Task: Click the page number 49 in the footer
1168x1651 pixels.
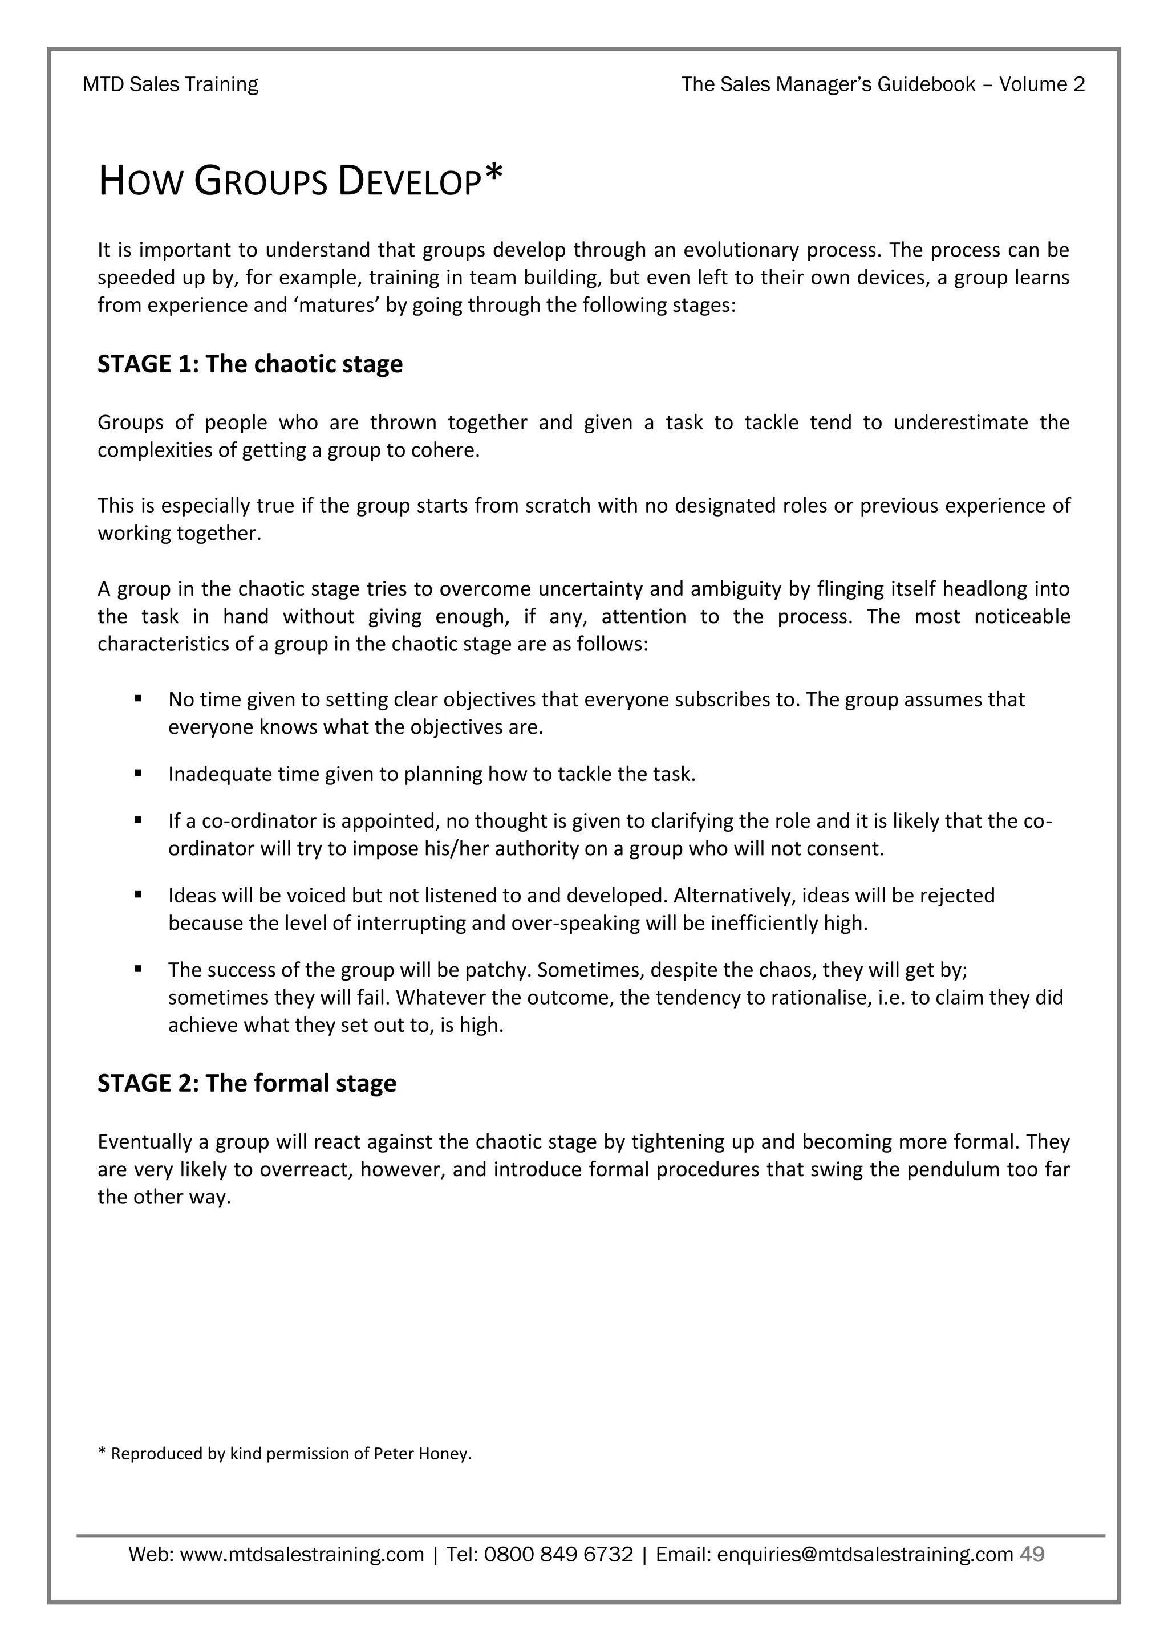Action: [1032, 1554]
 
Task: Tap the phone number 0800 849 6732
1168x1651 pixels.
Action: [559, 1555]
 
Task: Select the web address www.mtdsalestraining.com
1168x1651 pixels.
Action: [302, 1555]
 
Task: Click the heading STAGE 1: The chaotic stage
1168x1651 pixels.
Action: [250, 364]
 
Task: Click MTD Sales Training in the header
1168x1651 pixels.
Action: [171, 84]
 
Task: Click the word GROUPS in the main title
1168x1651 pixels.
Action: [262, 181]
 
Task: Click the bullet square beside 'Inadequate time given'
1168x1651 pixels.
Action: [137, 773]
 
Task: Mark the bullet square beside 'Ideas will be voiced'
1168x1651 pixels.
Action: [137, 894]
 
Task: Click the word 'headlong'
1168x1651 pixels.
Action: [984, 589]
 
